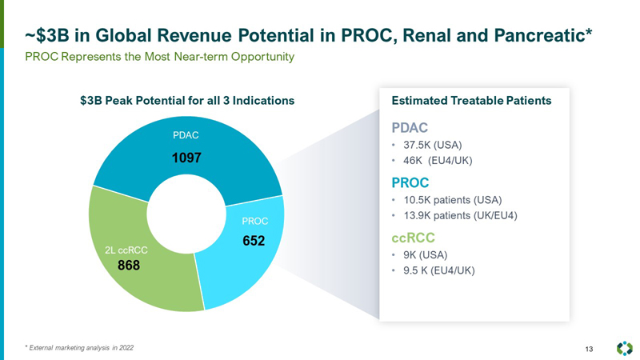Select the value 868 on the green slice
click(x=129, y=266)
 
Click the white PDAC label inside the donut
click(x=186, y=135)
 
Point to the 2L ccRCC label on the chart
click(x=126, y=250)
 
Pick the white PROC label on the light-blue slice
click(x=254, y=220)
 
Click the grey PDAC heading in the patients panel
click(x=410, y=127)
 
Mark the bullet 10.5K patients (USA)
click(x=453, y=200)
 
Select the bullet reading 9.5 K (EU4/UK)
click(x=439, y=270)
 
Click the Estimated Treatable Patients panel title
click(x=470, y=101)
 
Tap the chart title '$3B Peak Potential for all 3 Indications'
click(x=187, y=101)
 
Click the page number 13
click(x=590, y=348)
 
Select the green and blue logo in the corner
click(x=624, y=348)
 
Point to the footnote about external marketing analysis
click(x=79, y=347)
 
